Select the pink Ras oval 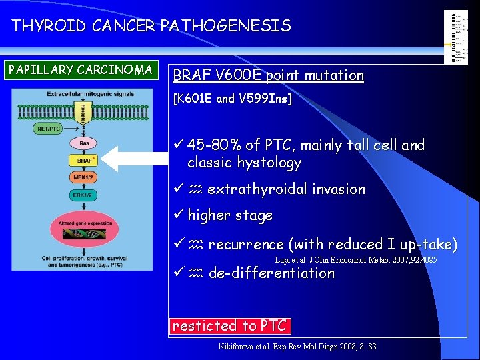coord(85,143)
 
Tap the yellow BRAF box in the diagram coord(85,161)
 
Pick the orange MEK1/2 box coord(85,177)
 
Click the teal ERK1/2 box coord(85,195)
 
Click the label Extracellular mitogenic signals coord(85,94)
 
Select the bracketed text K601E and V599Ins coord(233,99)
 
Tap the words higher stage coord(230,215)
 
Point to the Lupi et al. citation coord(355,259)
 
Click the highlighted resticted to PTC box coord(229,325)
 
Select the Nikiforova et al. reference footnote coord(297,347)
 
